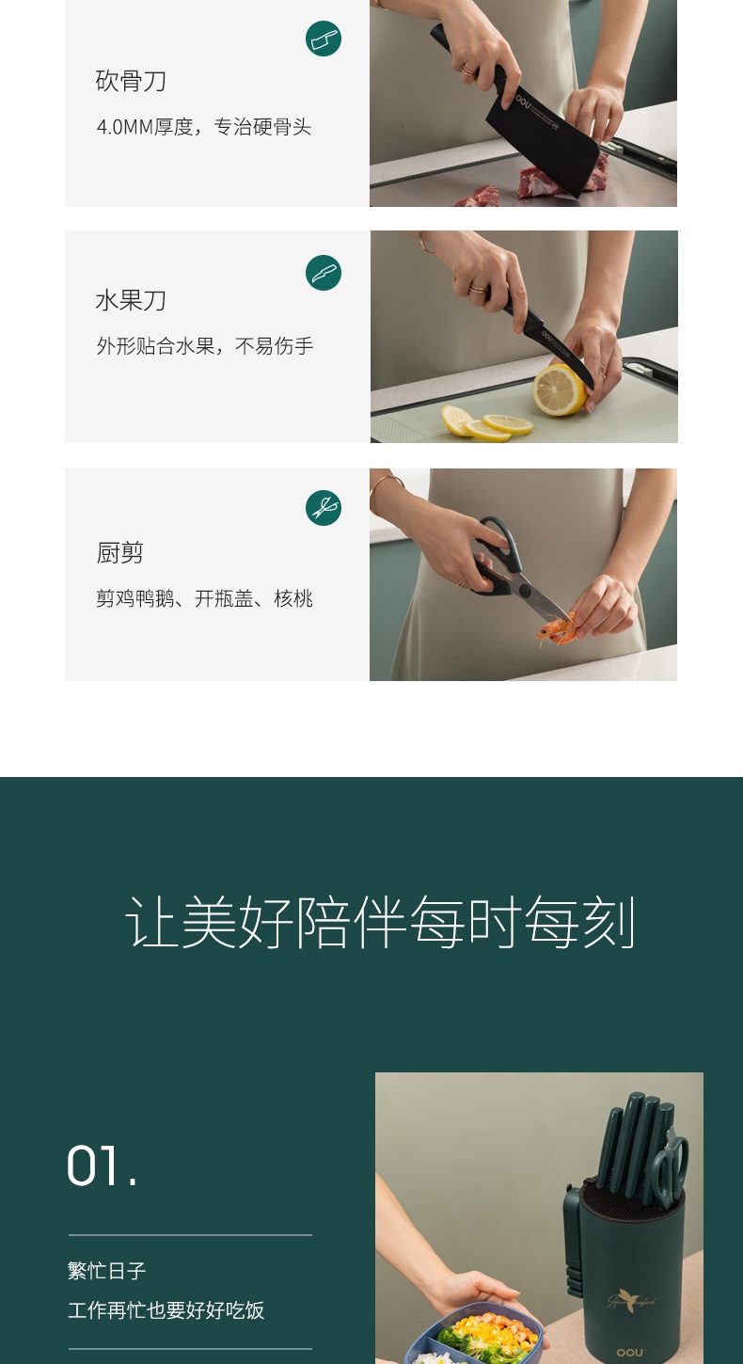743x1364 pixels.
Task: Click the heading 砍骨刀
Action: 131,81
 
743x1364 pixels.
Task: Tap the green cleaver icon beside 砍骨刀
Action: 324,39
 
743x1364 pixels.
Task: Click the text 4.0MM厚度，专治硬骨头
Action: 204,127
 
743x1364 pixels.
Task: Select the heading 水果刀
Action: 131,300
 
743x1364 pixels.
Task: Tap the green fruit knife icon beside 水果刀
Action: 324,273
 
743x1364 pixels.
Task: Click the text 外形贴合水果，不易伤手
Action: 205,346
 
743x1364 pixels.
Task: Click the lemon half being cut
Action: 559,389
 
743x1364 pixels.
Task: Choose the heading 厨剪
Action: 120,553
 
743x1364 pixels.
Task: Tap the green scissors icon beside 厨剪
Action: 324,508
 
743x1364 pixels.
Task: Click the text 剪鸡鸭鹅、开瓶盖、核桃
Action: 205,598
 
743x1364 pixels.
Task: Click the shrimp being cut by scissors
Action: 556,630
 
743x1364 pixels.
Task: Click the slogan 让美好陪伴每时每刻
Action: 381,922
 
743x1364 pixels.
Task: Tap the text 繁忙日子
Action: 106,1271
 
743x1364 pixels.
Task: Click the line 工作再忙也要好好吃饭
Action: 166,1310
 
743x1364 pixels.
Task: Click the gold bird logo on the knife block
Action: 631,1300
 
